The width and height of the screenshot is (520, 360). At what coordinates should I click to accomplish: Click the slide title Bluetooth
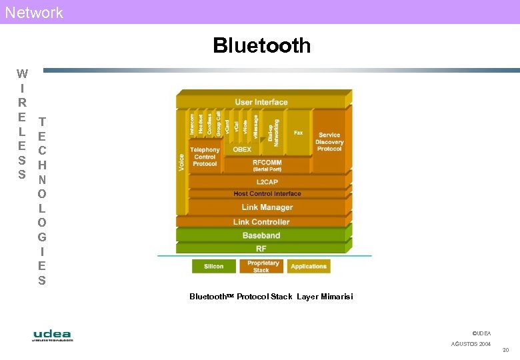click(261, 45)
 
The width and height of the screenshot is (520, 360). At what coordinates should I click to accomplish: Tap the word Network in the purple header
click(34, 12)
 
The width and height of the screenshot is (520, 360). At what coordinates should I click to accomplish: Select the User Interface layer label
click(261, 102)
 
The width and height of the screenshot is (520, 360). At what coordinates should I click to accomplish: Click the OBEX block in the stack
click(242, 150)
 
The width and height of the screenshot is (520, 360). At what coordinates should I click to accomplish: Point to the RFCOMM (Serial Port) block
click(267, 165)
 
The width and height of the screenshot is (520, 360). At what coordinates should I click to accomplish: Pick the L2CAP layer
click(267, 181)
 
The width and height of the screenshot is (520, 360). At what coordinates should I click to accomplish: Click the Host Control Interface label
click(267, 194)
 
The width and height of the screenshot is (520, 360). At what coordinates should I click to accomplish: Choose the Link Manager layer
click(267, 207)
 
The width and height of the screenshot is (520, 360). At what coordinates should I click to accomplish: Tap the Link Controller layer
click(261, 222)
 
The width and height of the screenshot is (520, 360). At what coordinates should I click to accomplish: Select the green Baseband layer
click(261, 235)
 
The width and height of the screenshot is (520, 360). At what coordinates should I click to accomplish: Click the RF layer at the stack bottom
click(261, 249)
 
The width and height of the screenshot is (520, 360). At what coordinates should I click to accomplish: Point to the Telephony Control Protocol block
click(205, 157)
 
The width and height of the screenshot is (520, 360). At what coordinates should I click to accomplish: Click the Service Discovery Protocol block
click(329, 141)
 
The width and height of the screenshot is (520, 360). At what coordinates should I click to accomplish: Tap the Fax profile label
click(298, 133)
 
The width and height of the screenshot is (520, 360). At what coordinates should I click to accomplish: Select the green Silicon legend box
click(213, 267)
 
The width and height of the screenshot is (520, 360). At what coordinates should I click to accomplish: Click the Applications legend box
click(309, 267)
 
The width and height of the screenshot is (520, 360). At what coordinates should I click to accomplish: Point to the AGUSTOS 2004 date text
click(471, 344)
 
